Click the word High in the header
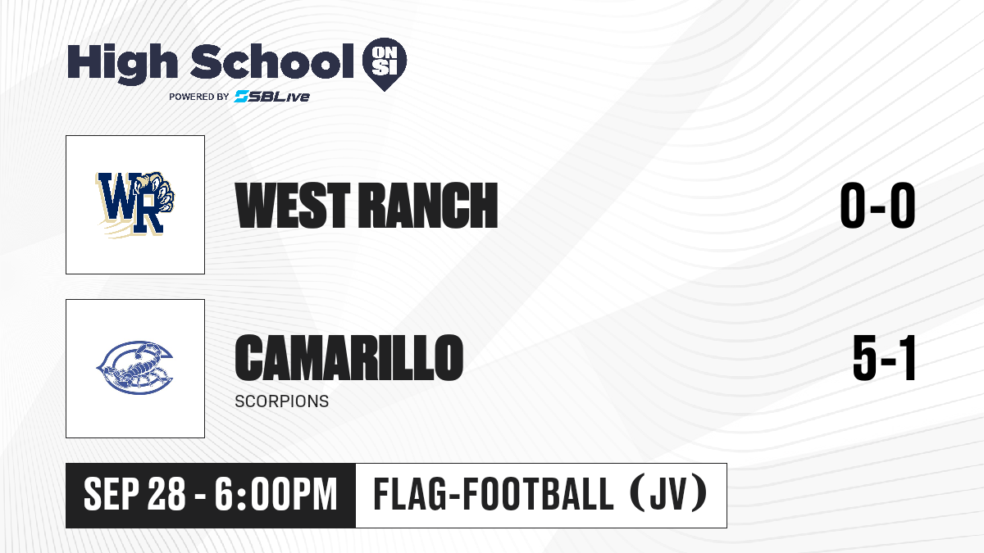(x=123, y=64)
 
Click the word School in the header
(x=272, y=61)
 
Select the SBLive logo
(x=271, y=96)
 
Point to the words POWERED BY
(x=199, y=97)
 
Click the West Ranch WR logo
(x=135, y=205)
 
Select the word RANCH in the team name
(x=428, y=206)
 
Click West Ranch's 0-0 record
(x=877, y=206)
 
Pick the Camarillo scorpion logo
(x=134, y=368)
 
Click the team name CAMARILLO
(x=349, y=357)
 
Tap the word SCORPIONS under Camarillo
(x=281, y=401)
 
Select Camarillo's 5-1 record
(x=884, y=358)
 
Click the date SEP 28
(x=134, y=494)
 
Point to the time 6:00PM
(x=276, y=494)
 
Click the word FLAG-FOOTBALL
(x=494, y=494)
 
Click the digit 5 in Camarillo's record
(x=864, y=358)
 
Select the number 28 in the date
(x=166, y=494)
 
